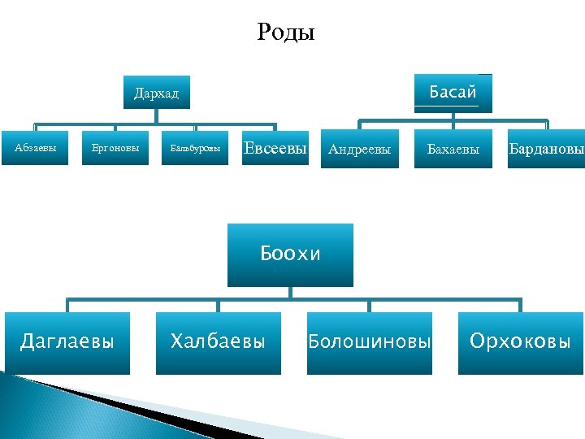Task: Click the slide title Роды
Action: pyautogui.click(x=286, y=33)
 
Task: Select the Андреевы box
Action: pyautogui.click(x=359, y=149)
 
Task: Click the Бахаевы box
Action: pyautogui.click(x=453, y=149)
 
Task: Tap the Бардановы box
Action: pyautogui.click(x=546, y=149)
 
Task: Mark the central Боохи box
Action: pyautogui.click(x=290, y=254)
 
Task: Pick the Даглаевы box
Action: pyautogui.click(x=67, y=343)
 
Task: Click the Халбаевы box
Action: pyautogui.click(x=218, y=343)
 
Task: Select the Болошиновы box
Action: pyautogui.click(x=370, y=343)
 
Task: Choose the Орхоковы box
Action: pyautogui.click(x=521, y=343)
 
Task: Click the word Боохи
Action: pyautogui.click(x=290, y=254)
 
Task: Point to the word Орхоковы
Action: pyautogui.click(x=521, y=341)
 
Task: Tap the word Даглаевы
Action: pyautogui.click(x=67, y=341)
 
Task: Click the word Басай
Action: pyautogui.click(x=453, y=92)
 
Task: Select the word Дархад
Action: pyautogui.click(x=156, y=93)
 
